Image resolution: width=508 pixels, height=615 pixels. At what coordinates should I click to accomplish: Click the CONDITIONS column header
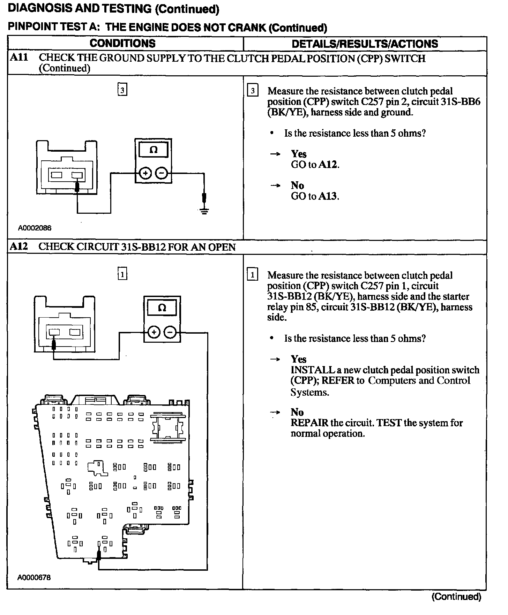click(x=122, y=44)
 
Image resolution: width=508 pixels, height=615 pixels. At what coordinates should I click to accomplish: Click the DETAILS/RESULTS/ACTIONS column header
click(x=365, y=44)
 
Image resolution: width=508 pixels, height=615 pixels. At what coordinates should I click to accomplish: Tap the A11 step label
click(x=19, y=58)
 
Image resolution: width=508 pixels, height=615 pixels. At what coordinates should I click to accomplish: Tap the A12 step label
click(x=19, y=247)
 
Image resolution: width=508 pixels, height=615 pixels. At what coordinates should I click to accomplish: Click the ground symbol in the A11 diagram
click(x=204, y=211)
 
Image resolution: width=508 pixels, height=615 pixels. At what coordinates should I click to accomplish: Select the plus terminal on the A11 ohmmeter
click(x=145, y=173)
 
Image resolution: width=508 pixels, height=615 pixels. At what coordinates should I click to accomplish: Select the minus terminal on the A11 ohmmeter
click(x=161, y=173)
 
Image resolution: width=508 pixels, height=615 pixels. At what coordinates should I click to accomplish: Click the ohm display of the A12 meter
click(x=162, y=308)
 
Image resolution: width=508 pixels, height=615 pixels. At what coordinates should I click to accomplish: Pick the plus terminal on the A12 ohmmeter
click(x=154, y=333)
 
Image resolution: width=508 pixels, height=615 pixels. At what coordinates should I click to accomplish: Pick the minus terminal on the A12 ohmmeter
click(x=170, y=333)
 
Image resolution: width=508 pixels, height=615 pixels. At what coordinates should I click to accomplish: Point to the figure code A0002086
click(x=35, y=228)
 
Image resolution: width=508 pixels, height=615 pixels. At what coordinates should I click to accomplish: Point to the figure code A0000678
click(x=34, y=578)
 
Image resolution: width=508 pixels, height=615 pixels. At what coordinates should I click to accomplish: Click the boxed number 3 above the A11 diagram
click(x=122, y=90)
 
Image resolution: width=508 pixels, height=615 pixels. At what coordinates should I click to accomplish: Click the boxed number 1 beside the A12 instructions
click(x=252, y=275)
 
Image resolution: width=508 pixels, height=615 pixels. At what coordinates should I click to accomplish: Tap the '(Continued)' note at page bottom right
click(x=456, y=597)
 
